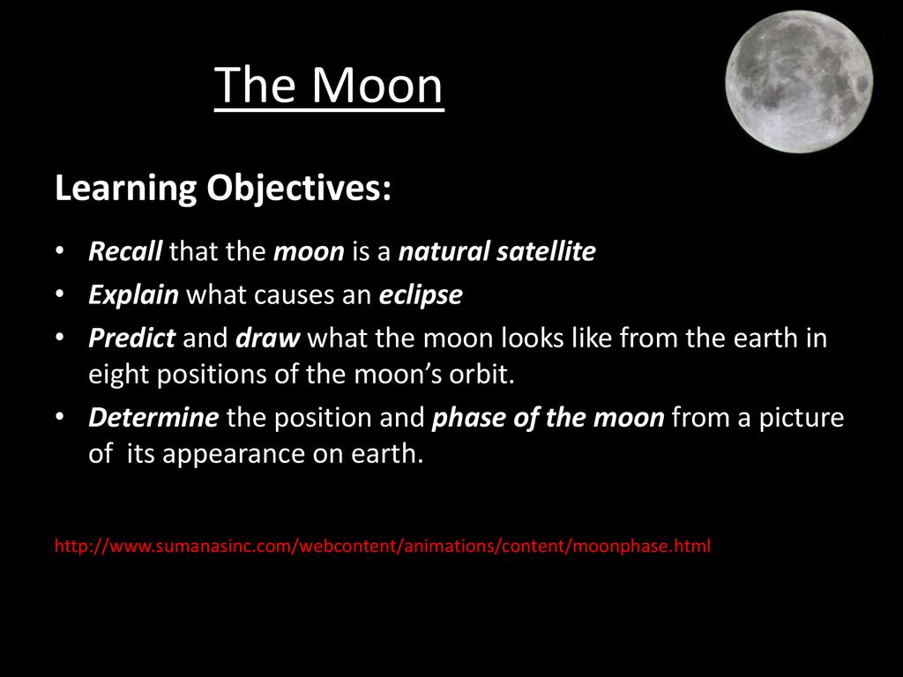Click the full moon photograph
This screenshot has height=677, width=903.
(x=799, y=82)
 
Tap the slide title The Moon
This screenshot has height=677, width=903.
(x=329, y=86)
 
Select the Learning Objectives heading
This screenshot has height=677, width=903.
(x=223, y=189)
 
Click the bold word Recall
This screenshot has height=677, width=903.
(x=125, y=251)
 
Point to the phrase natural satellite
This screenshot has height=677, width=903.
(x=497, y=251)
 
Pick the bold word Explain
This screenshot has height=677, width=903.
(x=134, y=295)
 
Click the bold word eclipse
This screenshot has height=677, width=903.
(x=421, y=295)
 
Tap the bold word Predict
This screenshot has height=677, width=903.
(x=132, y=338)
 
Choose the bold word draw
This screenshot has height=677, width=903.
(x=268, y=338)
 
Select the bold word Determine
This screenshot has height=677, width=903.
(x=153, y=417)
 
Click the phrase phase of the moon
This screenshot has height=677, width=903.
(x=549, y=418)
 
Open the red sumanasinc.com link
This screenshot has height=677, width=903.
(x=383, y=546)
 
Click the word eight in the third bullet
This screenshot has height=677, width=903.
(x=119, y=375)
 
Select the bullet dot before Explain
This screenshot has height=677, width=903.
(x=59, y=294)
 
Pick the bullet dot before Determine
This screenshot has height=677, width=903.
(x=59, y=416)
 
